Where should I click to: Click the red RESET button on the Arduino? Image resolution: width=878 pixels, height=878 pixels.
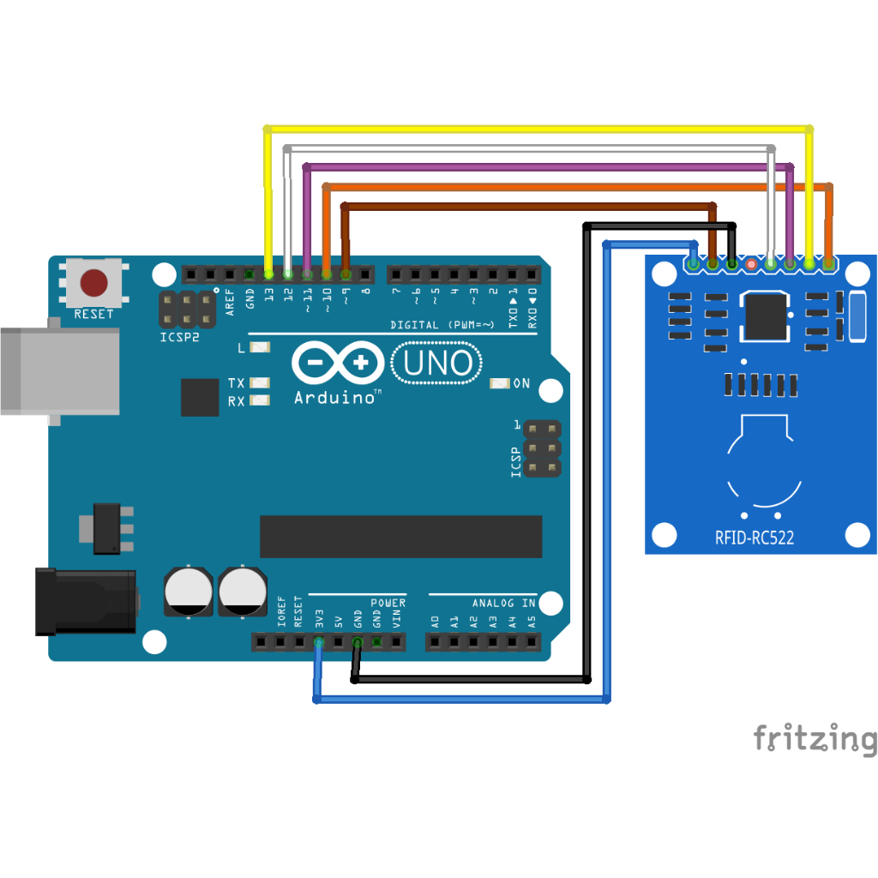(93, 283)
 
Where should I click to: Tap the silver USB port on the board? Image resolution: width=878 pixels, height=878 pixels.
(60, 371)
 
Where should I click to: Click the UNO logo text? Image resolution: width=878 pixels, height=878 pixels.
(437, 363)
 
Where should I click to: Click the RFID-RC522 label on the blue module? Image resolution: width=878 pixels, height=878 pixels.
(755, 538)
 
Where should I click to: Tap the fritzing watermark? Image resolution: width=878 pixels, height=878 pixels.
(815, 738)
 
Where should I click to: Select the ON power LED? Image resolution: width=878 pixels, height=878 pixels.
(500, 383)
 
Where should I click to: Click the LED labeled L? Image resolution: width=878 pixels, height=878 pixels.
(259, 347)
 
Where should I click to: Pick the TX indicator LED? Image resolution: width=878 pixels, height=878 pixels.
(259, 383)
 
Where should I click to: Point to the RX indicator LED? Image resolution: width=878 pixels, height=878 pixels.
(259, 400)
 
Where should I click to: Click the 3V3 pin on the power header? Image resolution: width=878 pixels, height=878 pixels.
(319, 641)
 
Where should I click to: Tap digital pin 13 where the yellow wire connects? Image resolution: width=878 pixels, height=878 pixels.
(268, 274)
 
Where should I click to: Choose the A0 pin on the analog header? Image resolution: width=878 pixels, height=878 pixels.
(435, 641)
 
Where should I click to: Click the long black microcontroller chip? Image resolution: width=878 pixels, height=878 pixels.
(401, 537)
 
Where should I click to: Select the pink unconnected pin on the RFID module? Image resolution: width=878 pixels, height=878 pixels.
(751, 264)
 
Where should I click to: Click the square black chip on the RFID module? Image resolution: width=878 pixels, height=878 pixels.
(765, 316)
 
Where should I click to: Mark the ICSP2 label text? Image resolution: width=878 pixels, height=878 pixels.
(179, 337)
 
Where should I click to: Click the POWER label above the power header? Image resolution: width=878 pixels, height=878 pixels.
(388, 603)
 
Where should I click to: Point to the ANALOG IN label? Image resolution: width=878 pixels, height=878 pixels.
(503, 603)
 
